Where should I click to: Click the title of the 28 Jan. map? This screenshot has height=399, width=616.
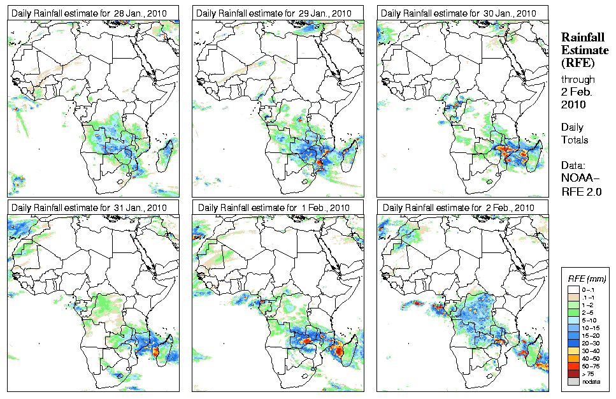tap(89, 13)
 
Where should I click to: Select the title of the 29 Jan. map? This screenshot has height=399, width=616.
tap(274, 13)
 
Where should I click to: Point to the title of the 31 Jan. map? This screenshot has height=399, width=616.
tap(89, 208)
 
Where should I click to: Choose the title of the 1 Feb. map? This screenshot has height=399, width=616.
tap(274, 208)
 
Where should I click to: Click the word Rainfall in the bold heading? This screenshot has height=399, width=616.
tap(582, 38)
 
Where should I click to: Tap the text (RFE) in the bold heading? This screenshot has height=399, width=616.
tap(577, 62)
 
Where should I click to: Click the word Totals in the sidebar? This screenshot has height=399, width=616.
tap(575, 140)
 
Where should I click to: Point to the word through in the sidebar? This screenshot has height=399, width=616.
tap(578, 80)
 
